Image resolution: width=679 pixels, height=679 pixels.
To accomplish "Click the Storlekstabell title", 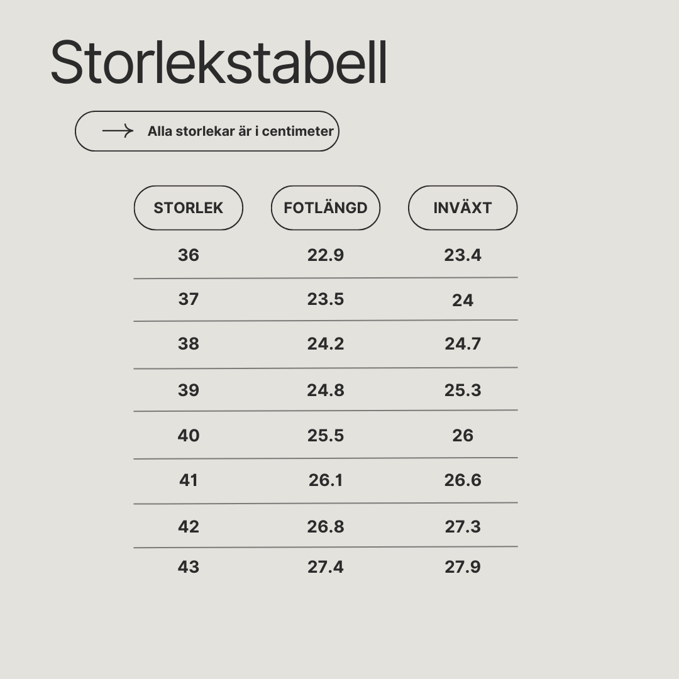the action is [x=219, y=62].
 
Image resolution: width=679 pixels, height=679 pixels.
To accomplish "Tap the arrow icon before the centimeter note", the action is [x=118, y=131].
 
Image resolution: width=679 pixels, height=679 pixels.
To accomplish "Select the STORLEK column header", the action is [x=189, y=208].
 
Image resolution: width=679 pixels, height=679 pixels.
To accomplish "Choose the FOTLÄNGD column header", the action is [x=326, y=208].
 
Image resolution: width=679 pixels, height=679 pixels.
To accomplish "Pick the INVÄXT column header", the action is [x=463, y=208].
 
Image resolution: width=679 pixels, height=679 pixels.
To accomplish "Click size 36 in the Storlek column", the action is [x=189, y=255].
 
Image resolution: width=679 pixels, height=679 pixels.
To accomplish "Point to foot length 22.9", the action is [x=326, y=255].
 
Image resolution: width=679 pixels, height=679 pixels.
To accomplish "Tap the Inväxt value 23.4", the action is [x=463, y=255].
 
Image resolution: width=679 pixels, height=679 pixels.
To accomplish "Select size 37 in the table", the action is [x=189, y=299].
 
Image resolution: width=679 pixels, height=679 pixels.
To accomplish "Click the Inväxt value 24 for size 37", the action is [x=463, y=301].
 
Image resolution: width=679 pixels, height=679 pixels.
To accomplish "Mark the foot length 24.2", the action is [x=326, y=344].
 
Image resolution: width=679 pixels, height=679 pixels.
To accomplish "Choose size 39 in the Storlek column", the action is [x=189, y=390].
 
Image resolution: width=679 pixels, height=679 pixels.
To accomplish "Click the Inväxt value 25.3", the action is [x=463, y=390].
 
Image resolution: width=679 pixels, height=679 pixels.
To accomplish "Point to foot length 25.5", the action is [x=326, y=436].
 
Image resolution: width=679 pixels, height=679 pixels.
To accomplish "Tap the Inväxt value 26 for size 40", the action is [x=463, y=436].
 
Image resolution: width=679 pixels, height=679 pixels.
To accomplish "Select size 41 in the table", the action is [x=189, y=480].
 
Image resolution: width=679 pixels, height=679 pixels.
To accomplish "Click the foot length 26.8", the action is [x=326, y=527].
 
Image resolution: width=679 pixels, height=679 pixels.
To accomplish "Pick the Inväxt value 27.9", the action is [x=463, y=567].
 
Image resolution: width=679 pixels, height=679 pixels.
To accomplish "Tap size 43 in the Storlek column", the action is [x=189, y=567].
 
